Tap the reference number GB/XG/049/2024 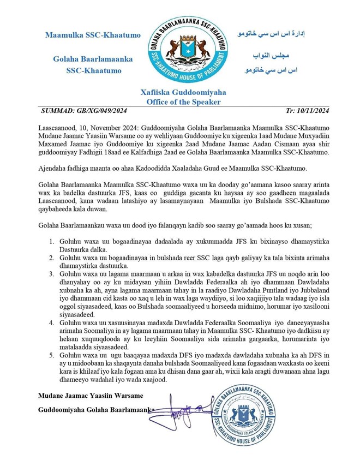click(x=102, y=111)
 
